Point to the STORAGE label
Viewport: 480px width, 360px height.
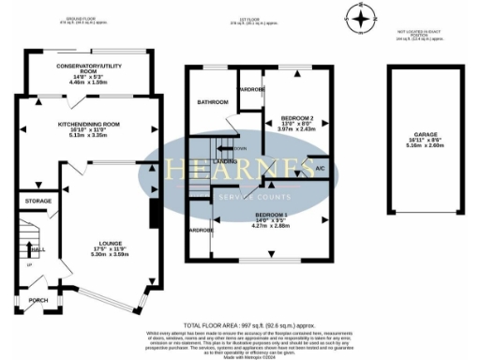point(38,201)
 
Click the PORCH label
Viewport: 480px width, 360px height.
point(38,301)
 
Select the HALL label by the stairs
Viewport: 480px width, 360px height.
point(38,250)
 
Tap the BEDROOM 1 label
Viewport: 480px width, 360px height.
point(269,216)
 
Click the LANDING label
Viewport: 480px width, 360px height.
point(224,162)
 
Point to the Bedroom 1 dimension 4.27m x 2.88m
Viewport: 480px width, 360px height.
point(269,227)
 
